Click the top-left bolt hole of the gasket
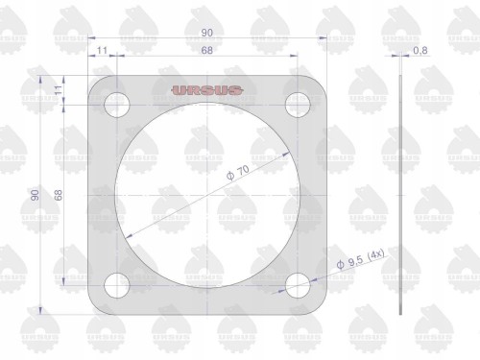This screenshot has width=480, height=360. [117, 105]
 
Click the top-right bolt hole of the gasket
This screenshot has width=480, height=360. [298, 105]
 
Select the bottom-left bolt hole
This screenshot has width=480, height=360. [117, 285]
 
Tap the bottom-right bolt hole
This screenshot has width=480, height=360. [298, 285]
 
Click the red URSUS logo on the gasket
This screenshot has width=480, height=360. [206, 90]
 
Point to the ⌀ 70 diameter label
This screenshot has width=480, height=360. [238, 173]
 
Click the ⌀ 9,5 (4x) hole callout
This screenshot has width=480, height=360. [360, 259]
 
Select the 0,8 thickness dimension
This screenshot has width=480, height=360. [420, 51]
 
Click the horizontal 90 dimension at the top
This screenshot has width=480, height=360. [207, 33]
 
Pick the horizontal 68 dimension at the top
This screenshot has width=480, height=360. [207, 50]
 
